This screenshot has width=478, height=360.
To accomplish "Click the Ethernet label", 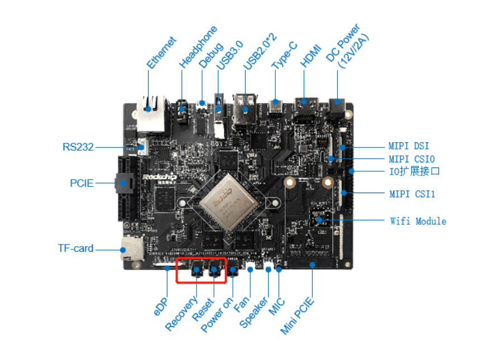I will pos(161,53).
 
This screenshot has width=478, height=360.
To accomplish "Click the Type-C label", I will pos(285,56).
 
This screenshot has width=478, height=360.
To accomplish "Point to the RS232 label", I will pos(78,147).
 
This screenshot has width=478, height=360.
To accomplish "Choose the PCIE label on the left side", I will pos(82,183).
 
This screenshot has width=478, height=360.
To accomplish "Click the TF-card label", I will pos(75,248).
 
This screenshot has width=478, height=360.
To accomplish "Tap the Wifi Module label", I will pos(418,221).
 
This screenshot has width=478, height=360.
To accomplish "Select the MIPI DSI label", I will pos(409,146).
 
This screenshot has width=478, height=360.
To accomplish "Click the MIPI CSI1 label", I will pos(412,194).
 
